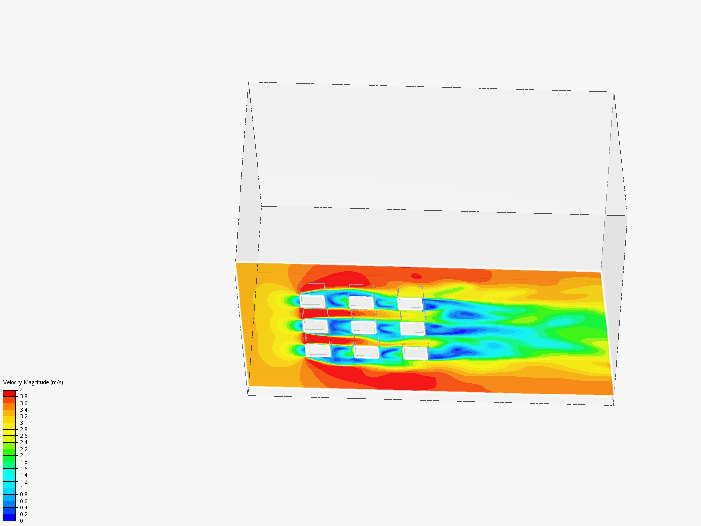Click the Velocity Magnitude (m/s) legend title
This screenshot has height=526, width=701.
(33, 382)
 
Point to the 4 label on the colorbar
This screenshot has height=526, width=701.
(21, 390)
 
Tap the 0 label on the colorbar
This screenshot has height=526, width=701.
(21, 521)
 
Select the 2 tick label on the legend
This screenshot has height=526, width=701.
(21, 455)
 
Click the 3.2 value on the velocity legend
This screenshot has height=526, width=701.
(24, 416)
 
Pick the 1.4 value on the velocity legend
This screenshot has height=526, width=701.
(24, 475)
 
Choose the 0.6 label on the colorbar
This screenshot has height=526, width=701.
(24, 501)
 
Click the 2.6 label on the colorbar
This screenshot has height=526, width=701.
(24, 436)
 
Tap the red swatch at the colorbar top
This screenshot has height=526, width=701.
(9, 394)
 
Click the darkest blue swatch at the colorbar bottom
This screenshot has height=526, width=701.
(9, 517)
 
